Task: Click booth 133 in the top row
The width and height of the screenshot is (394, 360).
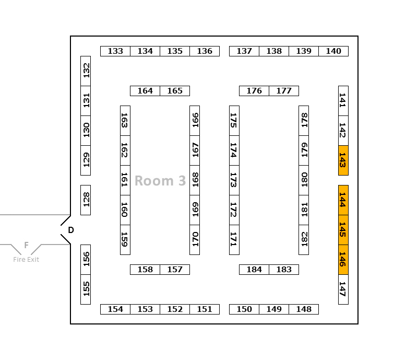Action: (115, 51)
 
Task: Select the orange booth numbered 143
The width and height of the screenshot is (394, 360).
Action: (343, 160)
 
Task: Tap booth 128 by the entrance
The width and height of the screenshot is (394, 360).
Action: (86, 200)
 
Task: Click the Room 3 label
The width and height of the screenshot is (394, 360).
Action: (160, 181)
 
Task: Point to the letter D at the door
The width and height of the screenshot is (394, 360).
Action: (71, 230)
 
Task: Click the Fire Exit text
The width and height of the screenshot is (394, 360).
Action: (26, 260)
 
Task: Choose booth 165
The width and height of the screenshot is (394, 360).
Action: (175, 91)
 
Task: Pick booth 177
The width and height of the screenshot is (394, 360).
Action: (284, 91)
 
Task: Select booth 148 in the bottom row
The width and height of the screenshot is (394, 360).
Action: (304, 309)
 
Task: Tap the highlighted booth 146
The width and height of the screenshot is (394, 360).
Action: (343, 259)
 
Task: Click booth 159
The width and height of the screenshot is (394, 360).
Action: (125, 239)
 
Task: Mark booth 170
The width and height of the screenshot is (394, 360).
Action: (195, 239)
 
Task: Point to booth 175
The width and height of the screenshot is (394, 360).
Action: (234, 121)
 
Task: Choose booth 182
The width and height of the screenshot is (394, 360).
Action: (304, 239)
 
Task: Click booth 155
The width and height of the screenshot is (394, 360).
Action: (86, 289)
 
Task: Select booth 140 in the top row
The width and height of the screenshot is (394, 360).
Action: (333, 51)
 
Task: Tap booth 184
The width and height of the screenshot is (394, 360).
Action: (254, 270)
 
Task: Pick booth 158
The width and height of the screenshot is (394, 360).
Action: (145, 270)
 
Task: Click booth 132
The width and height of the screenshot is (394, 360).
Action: (86, 71)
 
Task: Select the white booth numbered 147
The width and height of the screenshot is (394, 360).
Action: (343, 289)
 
